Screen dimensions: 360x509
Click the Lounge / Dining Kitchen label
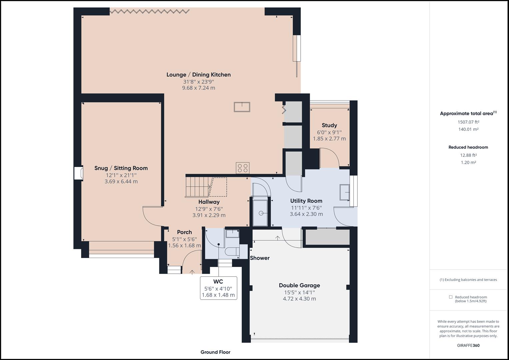click(198, 75)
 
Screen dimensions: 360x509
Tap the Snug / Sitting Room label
click(121, 168)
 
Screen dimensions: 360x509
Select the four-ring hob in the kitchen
click(242, 168)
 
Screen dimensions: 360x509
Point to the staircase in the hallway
click(197, 187)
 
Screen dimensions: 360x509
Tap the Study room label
click(329, 125)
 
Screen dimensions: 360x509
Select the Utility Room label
click(306, 201)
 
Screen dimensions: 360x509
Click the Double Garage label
click(299, 285)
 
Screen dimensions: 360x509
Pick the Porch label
click(184, 232)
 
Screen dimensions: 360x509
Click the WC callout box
click(218, 288)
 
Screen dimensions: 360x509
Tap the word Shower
click(260, 258)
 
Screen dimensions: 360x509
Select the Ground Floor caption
click(215, 352)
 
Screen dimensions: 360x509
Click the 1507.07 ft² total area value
click(468, 122)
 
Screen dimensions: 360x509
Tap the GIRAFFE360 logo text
click(468, 345)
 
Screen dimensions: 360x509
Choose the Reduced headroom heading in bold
click(468, 147)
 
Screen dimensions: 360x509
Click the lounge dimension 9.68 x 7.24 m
click(198, 88)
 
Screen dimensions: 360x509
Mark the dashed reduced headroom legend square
click(451, 297)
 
